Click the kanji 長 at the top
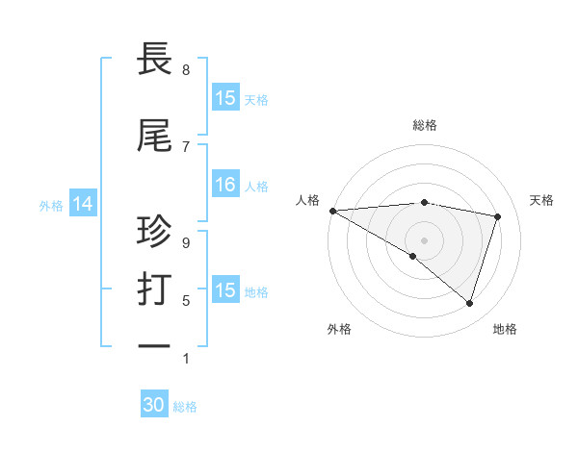(x=155, y=60)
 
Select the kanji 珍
(x=155, y=231)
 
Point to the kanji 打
(x=155, y=289)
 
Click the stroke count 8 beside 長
(x=186, y=70)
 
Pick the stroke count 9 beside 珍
(x=186, y=243)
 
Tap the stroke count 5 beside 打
(x=186, y=301)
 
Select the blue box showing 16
(x=225, y=185)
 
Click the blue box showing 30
(x=154, y=406)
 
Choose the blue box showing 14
(x=83, y=204)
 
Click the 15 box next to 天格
(x=225, y=98)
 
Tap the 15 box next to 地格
(x=225, y=290)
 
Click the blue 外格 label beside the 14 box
(x=51, y=205)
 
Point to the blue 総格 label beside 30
(x=185, y=407)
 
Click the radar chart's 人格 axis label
(x=307, y=200)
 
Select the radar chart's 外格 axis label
(x=339, y=329)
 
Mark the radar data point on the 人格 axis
(x=332, y=211)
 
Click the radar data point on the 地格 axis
(x=469, y=303)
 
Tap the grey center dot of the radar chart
(x=424, y=239)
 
